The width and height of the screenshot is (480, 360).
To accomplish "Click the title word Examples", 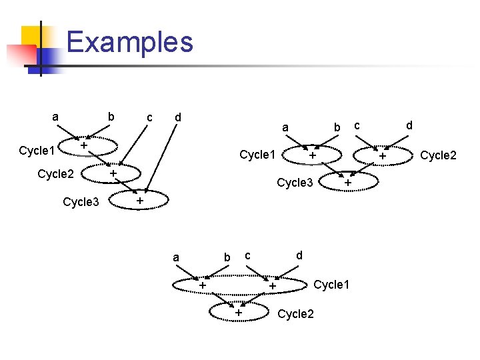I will [x=130, y=42].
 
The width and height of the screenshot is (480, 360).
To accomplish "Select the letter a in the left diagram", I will [x=55, y=117].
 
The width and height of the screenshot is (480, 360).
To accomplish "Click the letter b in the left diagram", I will [x=111, y=117].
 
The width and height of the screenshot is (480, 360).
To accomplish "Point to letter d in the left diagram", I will [x=177, y=117].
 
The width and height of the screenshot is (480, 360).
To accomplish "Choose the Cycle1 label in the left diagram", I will [x=37, y=150].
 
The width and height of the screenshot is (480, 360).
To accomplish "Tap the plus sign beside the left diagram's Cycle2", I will [x=113, y=173].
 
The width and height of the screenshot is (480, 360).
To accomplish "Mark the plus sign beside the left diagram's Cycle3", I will [x=139, y=201].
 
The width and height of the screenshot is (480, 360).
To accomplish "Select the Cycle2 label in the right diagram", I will [x=438, y=155].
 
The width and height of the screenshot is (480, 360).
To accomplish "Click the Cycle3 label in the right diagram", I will [x=295, y=183].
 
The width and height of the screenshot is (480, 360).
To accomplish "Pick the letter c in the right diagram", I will [x=357, y=125].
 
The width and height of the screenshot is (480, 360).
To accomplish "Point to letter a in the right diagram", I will [x=285, y=127].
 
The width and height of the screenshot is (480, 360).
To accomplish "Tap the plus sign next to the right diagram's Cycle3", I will [x=347, y=182].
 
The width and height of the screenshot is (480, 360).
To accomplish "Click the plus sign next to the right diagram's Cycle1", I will [x=312, y=155].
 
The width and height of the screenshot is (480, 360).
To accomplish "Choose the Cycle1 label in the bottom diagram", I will [x=331, y=285].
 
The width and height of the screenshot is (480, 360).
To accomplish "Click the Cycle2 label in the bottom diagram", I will [x=295, y=313].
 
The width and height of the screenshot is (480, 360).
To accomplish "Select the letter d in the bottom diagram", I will [x=299, y=255].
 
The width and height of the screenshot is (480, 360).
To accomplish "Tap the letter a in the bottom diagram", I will [x=175, y=257].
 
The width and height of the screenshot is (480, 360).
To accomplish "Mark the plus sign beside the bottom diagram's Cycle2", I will [x=237, y=312].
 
